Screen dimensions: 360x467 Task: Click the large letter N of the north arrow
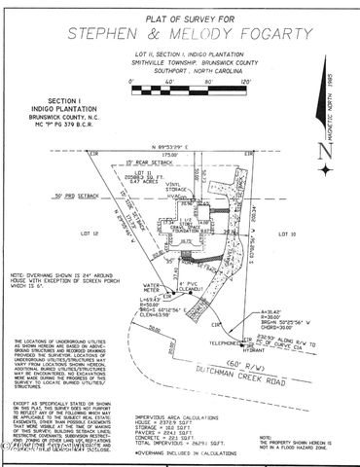326,152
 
